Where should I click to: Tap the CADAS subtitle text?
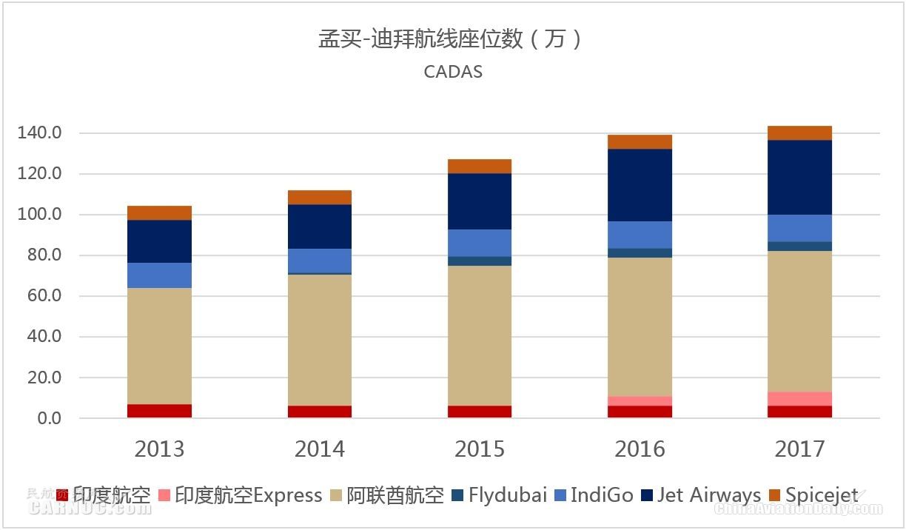(453, 72)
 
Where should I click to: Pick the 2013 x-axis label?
(159, 449)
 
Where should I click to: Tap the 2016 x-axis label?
(640, 449)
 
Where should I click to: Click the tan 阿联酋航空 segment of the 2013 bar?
(159, 346)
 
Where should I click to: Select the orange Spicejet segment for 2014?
(319, 197)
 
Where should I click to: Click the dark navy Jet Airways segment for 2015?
(479, 201)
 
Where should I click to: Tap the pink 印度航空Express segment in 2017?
(799, 398)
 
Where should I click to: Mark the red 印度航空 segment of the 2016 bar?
(640, 412)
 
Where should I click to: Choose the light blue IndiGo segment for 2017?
(799, 228)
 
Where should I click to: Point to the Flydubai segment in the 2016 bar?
(640, 252)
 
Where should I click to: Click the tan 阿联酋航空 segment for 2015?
(479, 335)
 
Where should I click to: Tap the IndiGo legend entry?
(594, 494)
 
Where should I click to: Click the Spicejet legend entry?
(813, 494)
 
